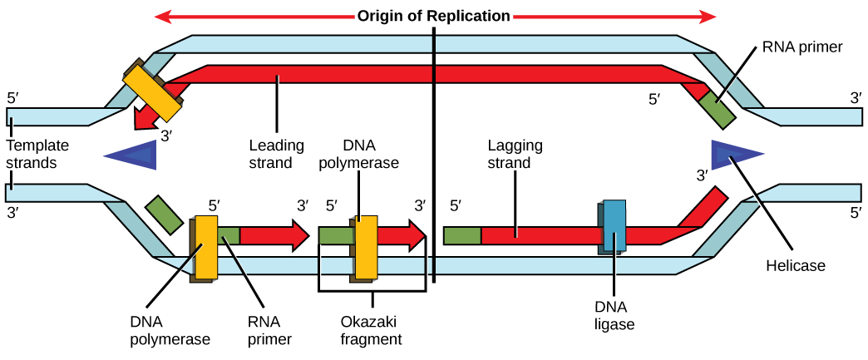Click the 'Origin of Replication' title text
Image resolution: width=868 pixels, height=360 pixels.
[433, 16]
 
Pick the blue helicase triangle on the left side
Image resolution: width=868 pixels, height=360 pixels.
[133, 155]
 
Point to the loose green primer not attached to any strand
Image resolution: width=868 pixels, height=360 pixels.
[164, 215]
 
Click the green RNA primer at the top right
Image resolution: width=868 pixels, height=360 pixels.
[716, 109]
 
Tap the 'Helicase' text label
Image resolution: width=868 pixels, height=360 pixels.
[795, 266]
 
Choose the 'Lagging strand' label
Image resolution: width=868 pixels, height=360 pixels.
[515, 154]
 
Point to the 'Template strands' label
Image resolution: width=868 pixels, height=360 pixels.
[37, 154]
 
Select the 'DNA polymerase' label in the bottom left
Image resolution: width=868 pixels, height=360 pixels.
[170, 330]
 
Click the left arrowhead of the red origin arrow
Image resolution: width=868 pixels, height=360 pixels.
[162, 16]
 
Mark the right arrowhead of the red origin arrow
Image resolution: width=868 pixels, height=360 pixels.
[708, 16]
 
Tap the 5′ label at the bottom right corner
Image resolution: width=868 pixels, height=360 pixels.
[855, 213]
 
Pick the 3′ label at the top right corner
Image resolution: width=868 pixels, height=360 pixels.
[855, 98]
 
